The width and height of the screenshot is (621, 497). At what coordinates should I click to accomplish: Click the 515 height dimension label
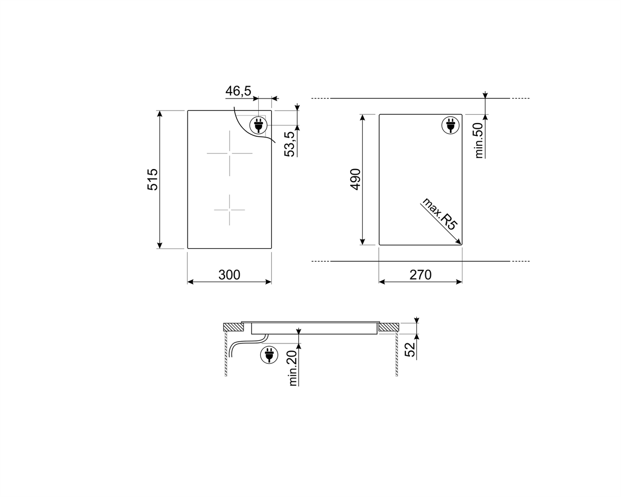153,179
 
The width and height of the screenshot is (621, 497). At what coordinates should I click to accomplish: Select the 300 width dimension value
229,275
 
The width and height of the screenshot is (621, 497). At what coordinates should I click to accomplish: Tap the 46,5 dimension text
238,91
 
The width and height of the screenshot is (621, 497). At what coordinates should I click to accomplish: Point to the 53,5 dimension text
290,144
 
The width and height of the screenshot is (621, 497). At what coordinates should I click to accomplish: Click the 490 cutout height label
356,179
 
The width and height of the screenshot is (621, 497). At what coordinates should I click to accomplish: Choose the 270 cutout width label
420,275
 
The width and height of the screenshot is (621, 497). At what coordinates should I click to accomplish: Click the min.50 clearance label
480,140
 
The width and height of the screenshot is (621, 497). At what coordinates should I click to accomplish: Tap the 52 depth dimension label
411,349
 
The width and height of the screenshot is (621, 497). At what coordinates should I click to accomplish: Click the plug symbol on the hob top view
258,125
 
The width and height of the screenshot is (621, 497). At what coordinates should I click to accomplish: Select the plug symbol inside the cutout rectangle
450,125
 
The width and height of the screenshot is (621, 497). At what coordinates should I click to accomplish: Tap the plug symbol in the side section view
269,355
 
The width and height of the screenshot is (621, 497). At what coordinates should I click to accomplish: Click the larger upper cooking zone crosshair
229,153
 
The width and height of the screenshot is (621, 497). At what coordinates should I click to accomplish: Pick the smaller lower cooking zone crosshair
229,210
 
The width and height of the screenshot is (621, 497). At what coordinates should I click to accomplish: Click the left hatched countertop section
234,327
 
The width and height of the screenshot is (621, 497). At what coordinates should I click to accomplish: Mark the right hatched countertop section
389,327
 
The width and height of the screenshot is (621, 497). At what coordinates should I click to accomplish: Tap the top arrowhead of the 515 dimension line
160,114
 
